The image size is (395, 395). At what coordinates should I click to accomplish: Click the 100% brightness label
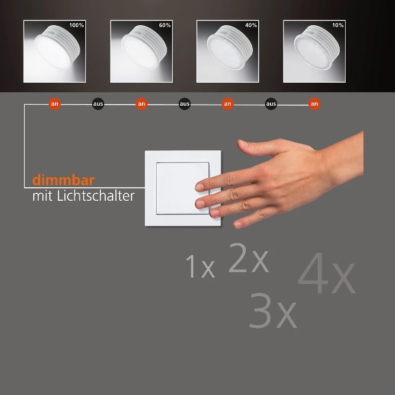pos(77,25)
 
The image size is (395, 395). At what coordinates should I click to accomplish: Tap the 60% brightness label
pos(165,25)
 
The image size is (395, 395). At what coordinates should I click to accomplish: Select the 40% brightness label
pos(251,25)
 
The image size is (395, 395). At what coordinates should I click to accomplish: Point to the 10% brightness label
pos(338,25)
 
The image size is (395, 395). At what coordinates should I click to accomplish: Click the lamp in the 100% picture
pos(57,47)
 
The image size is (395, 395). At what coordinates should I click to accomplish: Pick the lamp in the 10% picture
pos(317,47)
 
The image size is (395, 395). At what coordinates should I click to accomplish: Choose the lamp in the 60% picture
pos(144,47)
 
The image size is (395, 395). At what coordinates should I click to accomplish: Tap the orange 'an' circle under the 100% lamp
pos(55,104)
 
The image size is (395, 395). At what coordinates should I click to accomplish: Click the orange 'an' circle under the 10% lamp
pos(314,104)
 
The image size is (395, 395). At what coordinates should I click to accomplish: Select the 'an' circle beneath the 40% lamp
pos(228,104)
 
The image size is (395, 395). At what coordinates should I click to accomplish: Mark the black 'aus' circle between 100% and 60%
pos(98,104)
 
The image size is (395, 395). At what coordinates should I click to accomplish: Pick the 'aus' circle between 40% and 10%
pos(271,104)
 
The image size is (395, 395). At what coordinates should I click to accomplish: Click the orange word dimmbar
pos(63,180)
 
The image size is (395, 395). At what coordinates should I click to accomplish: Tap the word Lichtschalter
pos(96,196)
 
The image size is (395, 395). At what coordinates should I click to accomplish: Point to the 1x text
pos(200,266)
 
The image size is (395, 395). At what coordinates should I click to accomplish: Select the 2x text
pos(248,258)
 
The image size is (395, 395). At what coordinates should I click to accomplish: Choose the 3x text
pos(273,311)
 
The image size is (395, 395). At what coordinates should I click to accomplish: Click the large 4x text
pos(327,274)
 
